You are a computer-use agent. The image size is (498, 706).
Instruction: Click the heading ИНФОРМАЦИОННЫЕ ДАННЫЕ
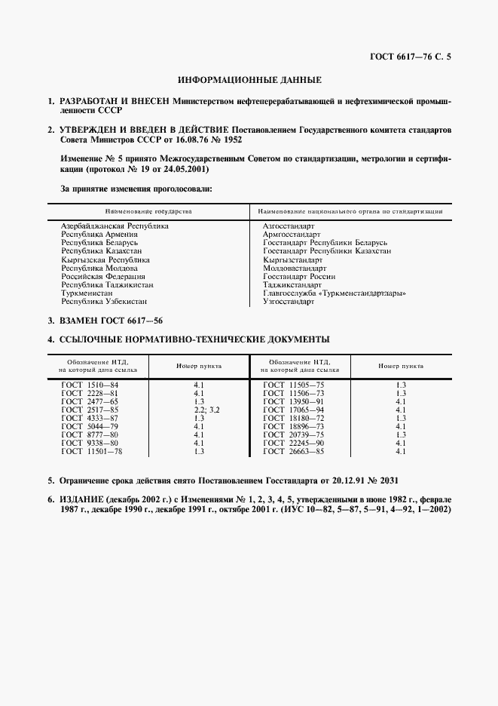pyautogui.click(x=249, y=79)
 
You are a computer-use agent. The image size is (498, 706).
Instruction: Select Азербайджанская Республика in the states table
pyautogui.click(x=115, y=226)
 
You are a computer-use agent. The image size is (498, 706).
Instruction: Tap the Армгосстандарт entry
pyautogui.click(x=292, y=235)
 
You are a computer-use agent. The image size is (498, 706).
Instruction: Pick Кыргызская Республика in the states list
pyautogui.click(x=105, y=259)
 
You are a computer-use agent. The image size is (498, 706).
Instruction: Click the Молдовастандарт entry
pyautogui.click(x=295, y=268)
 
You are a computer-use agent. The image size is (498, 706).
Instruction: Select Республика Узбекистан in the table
pyautogui.click(x=104, y=302)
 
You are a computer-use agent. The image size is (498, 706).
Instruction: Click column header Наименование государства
pyautogui.click(x=148, y=211)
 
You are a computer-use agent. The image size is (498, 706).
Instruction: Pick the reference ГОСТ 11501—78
pyautogui.click(x=91, y=451)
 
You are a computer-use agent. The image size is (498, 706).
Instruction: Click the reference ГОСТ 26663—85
pyautogui.click(x=293, y=451)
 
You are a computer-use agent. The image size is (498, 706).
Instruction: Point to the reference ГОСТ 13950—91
pyautogui.click(x=293, y=401)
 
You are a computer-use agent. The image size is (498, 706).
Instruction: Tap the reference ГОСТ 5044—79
pyautogui.click(x=90, y=426)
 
